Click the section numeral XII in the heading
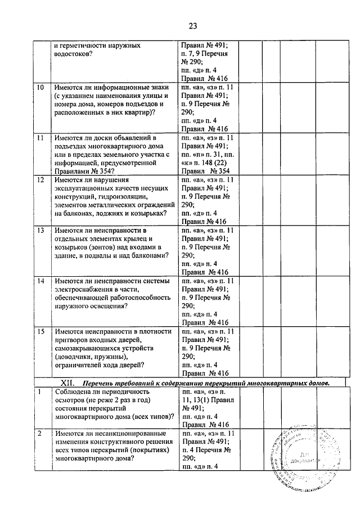pyautogui.click(x=67, y=382)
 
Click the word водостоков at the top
pyautogui.click(x=74, y=54)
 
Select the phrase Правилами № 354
pyautogui.click(x=83, y=172)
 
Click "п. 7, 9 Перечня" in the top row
pyautogui.click(x=207, y=54)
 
